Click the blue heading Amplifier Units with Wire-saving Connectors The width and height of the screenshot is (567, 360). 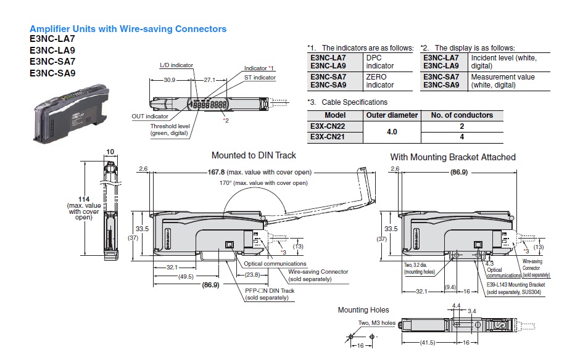coord(128,29)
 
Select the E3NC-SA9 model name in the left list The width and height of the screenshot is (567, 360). coord(52,73)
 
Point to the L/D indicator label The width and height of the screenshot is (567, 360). coord(176,65)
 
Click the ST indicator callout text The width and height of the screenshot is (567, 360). coord(260,78)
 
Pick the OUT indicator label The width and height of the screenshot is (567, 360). coord(150,116)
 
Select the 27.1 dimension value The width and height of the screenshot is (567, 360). coord(209,80)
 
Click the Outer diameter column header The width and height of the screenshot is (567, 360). coord(392,115)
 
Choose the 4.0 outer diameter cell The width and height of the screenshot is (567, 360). coord(392,131)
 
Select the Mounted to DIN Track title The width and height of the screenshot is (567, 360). coord(254,156)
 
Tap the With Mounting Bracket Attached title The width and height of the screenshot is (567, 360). coord(453,157)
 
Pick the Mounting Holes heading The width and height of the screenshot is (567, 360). coord(363,309)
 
